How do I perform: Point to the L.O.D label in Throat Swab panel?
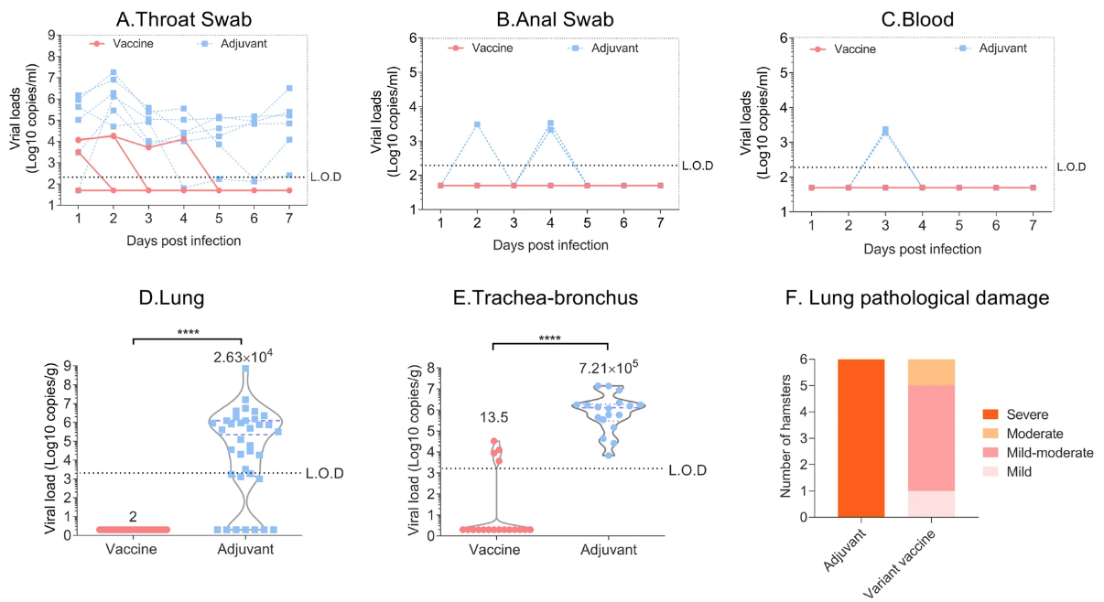pyautogui.click(x=327, y=177)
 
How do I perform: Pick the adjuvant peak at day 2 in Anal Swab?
pyautogui.click(x=477, y=124)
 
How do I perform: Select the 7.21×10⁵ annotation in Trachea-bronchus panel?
pyautogui.click(x=608, y=368)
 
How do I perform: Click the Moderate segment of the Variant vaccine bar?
pyautogui.click(x=931, y=372)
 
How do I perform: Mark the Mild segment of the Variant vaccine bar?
pyautogui.click(x=931, y=503)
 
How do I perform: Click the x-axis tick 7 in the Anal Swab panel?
pyautogui.click(x=660, y=224)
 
